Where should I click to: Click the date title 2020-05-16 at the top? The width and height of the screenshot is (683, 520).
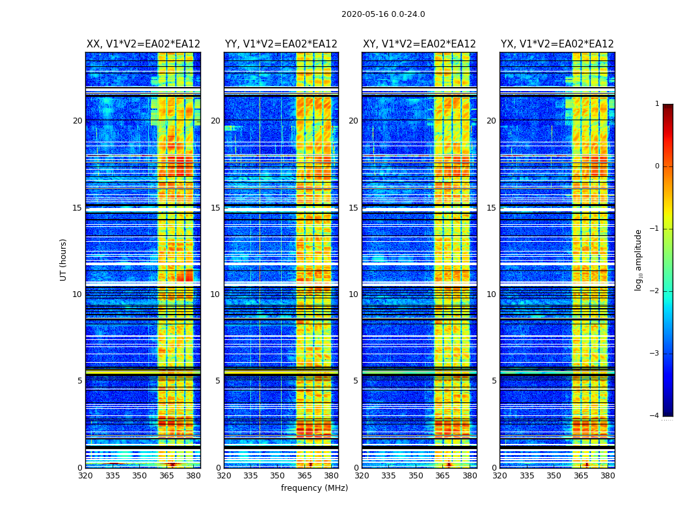point(383,14)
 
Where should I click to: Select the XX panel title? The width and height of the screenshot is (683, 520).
point(143,44)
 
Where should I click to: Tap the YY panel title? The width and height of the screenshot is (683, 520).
point(281,44)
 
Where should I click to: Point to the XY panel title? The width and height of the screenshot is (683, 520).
point(419,44)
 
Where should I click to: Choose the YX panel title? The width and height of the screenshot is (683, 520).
point(557,44)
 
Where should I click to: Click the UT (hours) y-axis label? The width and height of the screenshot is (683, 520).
point(63,259)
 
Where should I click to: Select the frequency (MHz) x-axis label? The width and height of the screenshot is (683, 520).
point(314,488)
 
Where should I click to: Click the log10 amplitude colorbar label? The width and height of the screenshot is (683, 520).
point(639,259)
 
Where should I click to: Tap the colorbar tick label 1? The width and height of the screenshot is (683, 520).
point(657,104)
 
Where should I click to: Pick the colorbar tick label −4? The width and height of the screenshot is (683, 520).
point(656,416)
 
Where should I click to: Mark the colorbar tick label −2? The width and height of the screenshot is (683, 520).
point(656,291)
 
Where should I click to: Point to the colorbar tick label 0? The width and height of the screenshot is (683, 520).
point(657,166)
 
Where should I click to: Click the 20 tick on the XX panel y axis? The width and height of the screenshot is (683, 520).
point(77,121)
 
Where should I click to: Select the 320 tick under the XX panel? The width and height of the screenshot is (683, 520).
point(85,475)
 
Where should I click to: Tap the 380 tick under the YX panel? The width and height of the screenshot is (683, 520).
point(608,475)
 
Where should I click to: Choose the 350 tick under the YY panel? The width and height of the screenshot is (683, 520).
point(278,475)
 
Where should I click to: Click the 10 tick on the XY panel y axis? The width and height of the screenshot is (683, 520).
point(353,294)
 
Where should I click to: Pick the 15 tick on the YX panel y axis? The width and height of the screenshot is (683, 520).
point(491,208)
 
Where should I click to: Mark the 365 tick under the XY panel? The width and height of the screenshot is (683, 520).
point(443,475)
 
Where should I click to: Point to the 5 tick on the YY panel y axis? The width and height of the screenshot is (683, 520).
point(218,381)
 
